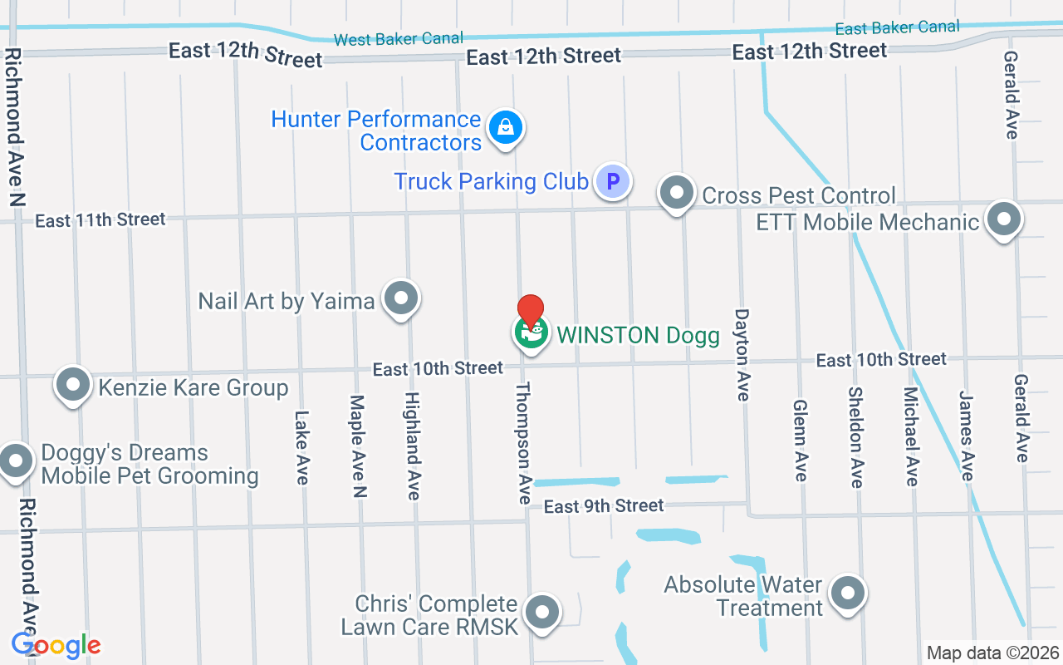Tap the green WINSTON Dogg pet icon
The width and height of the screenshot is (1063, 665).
(x=531, y=333)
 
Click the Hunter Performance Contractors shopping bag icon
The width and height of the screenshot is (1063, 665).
(x=504, y=128)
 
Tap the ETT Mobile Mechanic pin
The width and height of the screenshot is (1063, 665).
(x=1004, y=220)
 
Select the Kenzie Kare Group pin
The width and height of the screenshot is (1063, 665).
(x=73, y=385)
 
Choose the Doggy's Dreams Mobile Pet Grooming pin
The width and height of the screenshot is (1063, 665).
(x=16, y=461)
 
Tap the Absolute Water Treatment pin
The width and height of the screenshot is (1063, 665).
(x=848, y=594)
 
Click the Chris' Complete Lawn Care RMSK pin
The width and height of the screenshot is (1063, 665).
(x=542, y=613)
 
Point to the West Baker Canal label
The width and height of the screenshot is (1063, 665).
(x=398, y=39)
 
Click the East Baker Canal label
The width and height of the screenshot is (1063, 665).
(x=897, y=27)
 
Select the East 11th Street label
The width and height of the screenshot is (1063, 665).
(x=100, y=220)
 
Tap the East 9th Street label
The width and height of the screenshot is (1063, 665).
(x=604, y=505)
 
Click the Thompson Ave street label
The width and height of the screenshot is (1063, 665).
(x=524, y=443)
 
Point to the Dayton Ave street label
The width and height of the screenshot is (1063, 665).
(x=742, y=355)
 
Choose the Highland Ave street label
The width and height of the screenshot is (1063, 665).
(x=412, y=446)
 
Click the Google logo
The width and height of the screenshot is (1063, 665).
(x=56, y=645)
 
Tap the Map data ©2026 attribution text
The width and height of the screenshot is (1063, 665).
(x=993, y=653)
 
